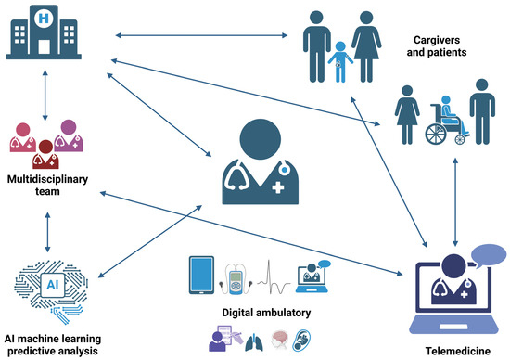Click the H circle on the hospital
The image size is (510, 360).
(44, 19)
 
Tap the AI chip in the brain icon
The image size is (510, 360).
(52, 285)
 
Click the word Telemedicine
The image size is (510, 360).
(458, 352)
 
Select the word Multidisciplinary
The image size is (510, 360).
(48, 179)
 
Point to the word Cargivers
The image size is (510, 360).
(437, 40)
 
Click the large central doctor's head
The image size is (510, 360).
(261, 139)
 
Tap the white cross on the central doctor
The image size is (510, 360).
(277, 187)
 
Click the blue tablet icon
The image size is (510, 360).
(201, 275)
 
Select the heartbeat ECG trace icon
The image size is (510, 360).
(274, 277)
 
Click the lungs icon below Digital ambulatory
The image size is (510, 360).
(254, 342)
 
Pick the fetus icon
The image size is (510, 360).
(301, 341)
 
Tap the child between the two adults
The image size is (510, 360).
(340, 62)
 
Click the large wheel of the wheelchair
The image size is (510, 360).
(436, 135)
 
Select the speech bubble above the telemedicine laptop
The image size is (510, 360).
(488, 256)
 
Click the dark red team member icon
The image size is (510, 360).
(45, 154)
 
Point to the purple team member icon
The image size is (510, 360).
(69, 135)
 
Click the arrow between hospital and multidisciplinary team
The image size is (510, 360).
(45, 96)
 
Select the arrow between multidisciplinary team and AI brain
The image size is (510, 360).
(48, 232)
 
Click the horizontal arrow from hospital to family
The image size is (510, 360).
(201, 35)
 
